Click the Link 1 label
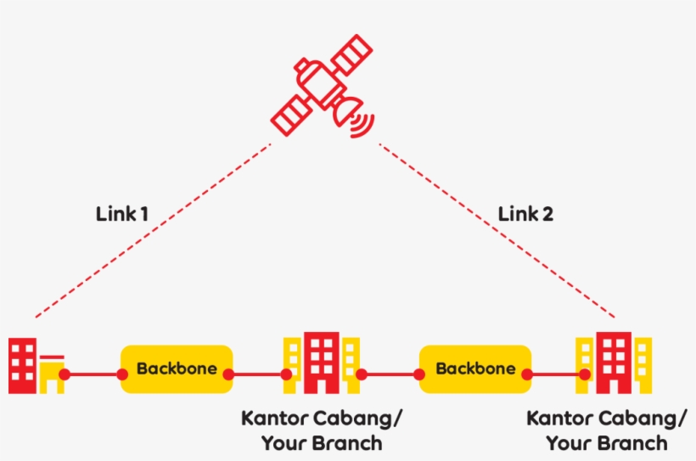pos(122,214)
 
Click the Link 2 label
pos(525,214)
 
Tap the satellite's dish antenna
pos(347,110)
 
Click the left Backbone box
pos(177,369)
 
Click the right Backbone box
pos(475,369)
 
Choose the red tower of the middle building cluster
pos(322,362)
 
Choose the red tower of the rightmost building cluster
pos(613,362)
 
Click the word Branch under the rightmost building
pos(630,443)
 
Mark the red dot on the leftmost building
pos(65,374)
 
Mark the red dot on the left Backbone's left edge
pos(123,374)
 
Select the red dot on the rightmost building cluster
pos(584,374)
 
